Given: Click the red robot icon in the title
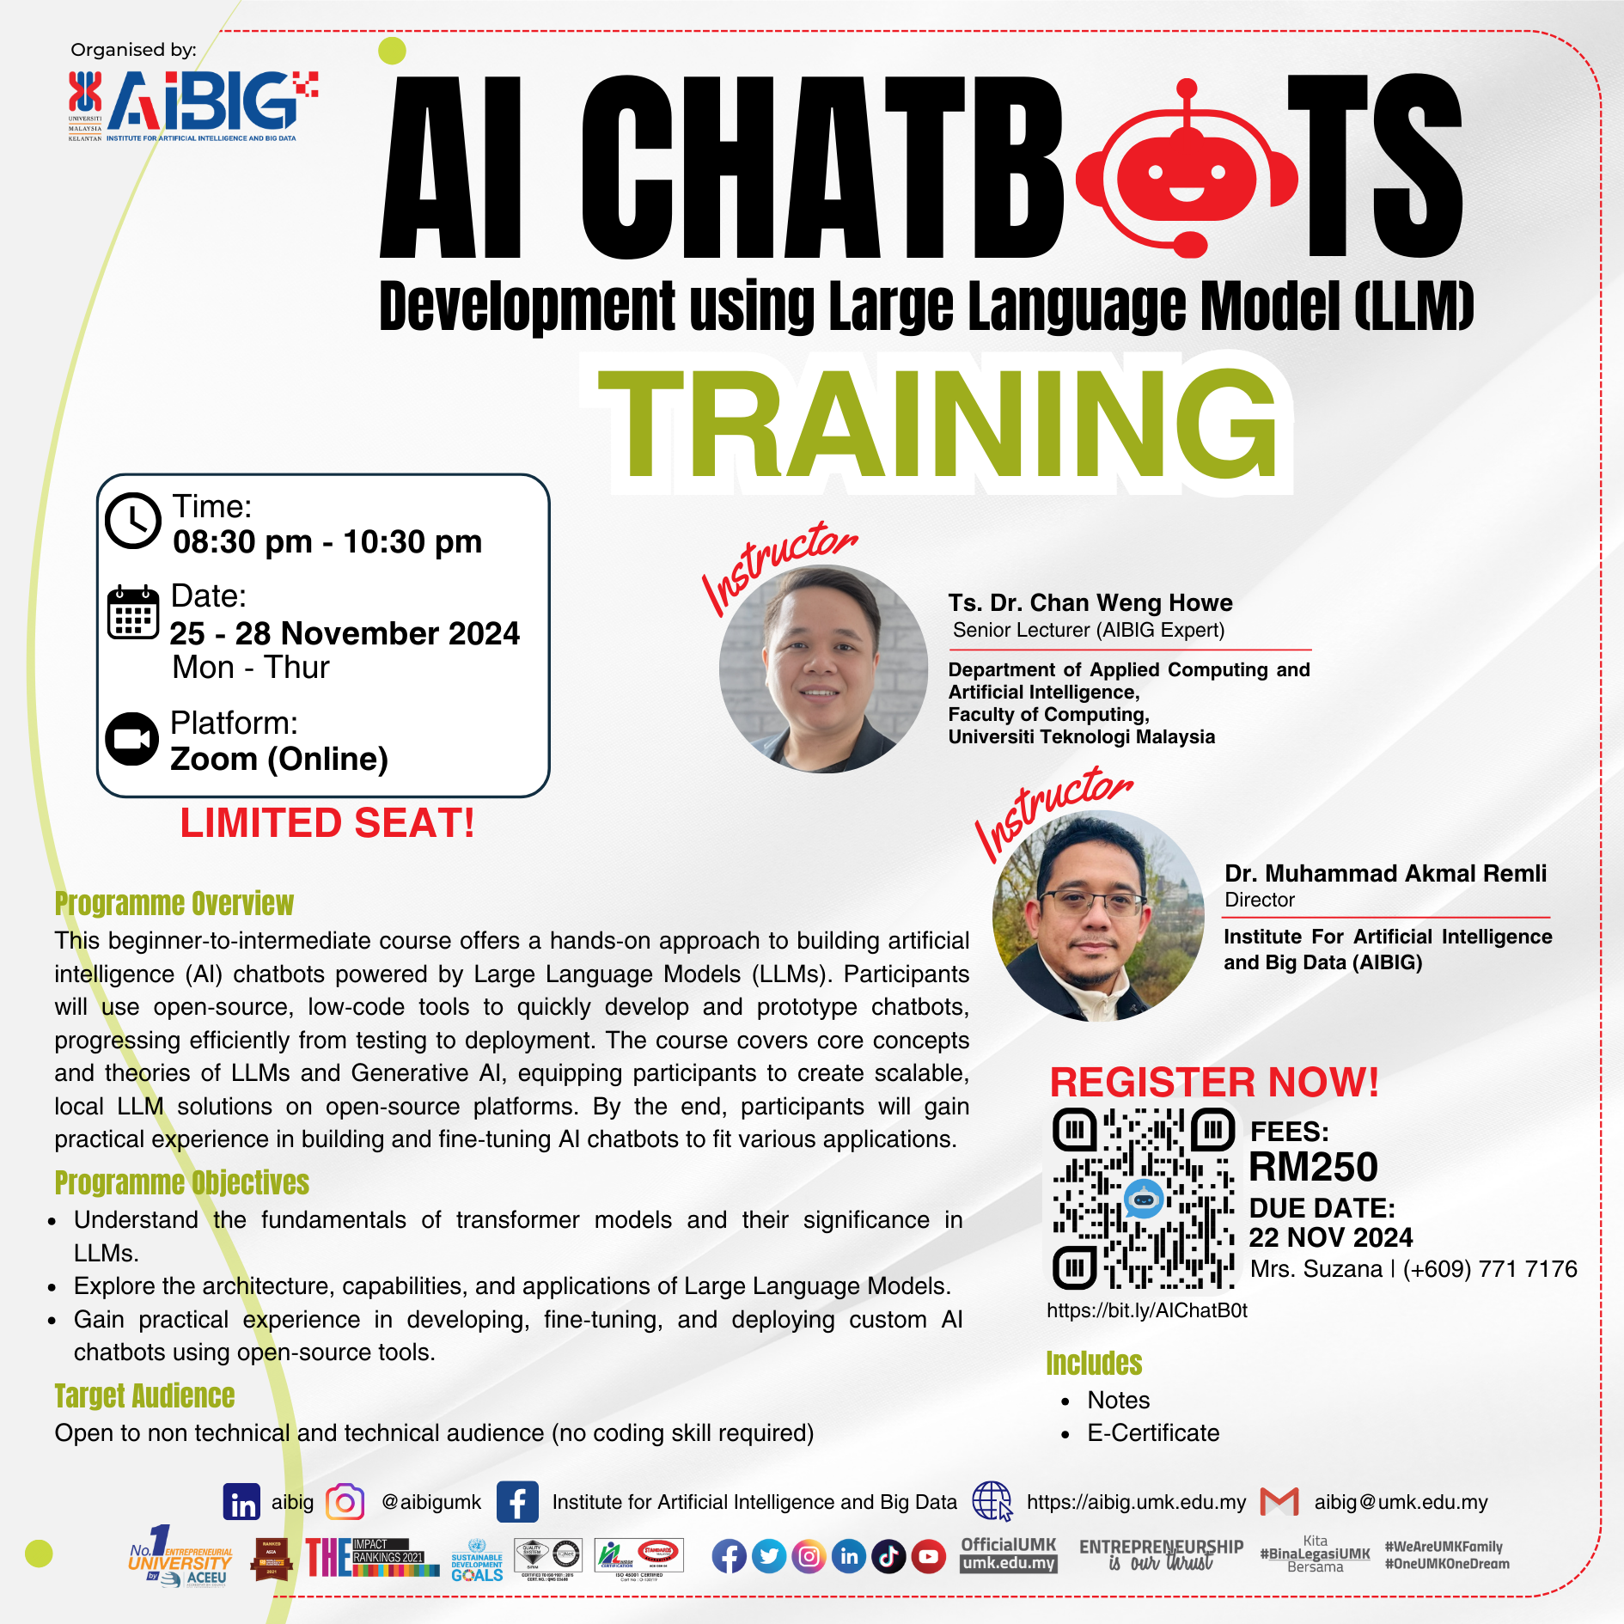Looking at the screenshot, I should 1187,168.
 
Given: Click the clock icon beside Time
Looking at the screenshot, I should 133,521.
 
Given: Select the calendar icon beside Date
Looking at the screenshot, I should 133,613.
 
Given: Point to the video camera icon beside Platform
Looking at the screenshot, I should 132,739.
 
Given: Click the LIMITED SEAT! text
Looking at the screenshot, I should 327,823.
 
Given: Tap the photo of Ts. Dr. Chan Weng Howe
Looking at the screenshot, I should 822,669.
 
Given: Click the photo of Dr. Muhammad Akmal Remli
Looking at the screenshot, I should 1097,916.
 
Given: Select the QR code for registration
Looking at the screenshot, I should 1144,1199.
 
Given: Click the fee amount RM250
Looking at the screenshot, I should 1313,1167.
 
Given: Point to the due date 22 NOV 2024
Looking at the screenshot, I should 1330,1237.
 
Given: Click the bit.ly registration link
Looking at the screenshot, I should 1146,1310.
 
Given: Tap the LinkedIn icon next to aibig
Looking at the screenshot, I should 241,1502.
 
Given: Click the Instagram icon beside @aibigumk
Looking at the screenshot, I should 345,1502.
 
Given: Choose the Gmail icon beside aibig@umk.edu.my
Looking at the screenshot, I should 1279,1502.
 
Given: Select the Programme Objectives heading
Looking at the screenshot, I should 181,1182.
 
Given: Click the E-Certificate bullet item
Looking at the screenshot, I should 1152,1433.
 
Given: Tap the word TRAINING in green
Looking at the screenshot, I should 937,423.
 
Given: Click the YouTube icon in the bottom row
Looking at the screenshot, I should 928,1557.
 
